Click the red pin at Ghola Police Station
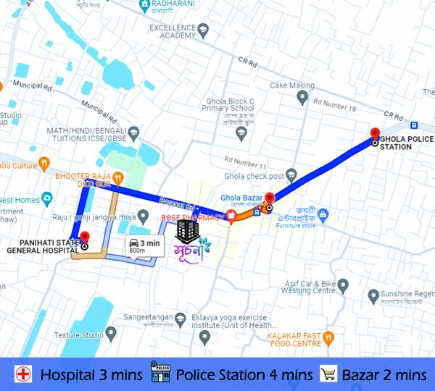click(375, 133)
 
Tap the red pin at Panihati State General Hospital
click(84, 237)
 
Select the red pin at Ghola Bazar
click(269, 198)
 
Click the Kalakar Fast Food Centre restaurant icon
click(328, 336)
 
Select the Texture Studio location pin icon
click(111, 334)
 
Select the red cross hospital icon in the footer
click(23, 374)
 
